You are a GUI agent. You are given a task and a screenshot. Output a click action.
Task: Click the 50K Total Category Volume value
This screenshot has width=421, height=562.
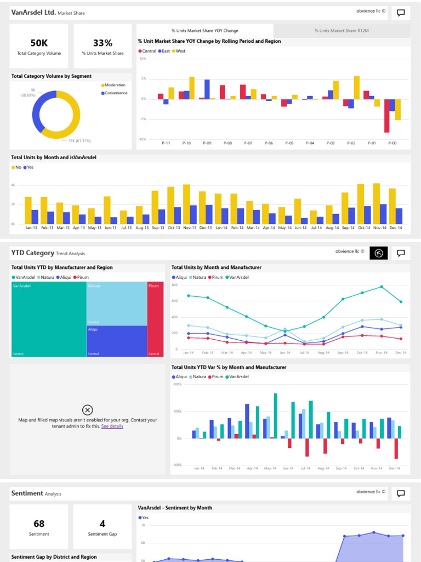point(39,43)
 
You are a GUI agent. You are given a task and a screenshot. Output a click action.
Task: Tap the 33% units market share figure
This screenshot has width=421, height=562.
point(103,43)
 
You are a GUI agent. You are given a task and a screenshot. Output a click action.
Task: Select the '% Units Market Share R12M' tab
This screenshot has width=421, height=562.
point(342,31)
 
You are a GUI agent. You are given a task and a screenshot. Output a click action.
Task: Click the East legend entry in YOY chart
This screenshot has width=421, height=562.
point(164,50)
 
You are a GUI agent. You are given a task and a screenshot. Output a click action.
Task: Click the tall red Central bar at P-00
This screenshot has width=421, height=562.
point(387,116)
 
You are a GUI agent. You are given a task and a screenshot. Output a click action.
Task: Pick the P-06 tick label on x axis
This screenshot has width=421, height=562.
point(269,143)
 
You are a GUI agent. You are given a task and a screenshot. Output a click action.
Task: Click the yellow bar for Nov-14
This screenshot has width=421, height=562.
point(376,203)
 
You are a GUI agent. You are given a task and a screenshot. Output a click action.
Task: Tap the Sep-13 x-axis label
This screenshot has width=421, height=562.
point(158,227)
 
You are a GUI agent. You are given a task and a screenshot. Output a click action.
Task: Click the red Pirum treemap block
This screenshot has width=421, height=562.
point(155,319)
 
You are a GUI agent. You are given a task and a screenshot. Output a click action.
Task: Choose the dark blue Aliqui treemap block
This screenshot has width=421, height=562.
point(117,341)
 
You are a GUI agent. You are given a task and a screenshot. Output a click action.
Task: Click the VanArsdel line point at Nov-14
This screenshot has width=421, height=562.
point(382,286)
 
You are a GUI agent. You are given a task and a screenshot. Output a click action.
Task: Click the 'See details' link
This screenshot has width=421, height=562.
point(112,426)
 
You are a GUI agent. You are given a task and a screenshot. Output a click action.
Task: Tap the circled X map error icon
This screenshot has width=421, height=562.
point(87,409)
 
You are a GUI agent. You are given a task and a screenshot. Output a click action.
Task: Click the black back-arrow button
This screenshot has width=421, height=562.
point(379,253)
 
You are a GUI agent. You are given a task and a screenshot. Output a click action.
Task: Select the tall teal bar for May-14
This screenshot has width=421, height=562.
point(276,415)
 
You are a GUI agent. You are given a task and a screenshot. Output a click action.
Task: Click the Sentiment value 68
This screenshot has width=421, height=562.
point(39,524)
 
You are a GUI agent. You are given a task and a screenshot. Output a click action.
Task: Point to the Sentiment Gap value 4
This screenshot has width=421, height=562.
point(103,524)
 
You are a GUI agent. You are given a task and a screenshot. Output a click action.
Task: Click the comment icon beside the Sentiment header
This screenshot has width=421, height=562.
point(401,494)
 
